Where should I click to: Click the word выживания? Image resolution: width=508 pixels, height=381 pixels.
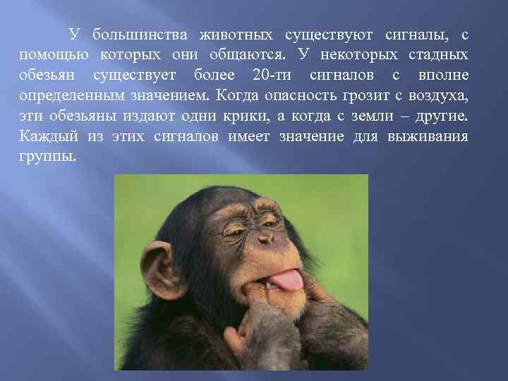(x=428, y=135)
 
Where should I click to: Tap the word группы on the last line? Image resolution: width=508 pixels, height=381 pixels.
(x=44, y=156)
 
